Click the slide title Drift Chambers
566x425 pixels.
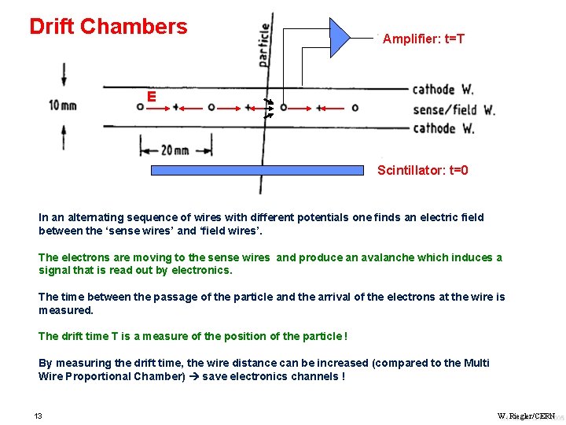(108, 27)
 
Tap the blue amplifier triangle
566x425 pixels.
(340, 37)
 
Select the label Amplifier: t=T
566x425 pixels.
(424, 39)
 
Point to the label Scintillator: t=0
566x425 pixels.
(423, 170)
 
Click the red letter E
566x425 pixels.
(151, 97)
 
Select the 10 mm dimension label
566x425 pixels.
(63, 105)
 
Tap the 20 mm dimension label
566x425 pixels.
(175, 150)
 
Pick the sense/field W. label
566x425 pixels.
(454, 110)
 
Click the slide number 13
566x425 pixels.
(38, 416)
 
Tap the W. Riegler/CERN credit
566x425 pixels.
(526, 416)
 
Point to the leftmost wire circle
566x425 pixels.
(140, 106)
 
